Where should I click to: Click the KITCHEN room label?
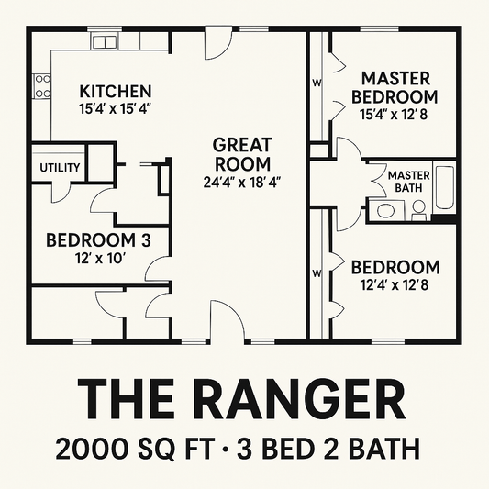point(115,92)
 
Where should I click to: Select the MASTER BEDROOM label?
point(398,86)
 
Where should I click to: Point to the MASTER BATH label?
point(409,182)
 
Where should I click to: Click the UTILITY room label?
point(60,168)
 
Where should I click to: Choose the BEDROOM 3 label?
point(98,240)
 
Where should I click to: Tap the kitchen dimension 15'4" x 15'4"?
point(115,108)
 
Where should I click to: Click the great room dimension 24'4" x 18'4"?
point(242,182)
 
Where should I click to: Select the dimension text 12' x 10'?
point(98,258)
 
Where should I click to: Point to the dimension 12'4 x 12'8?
point(395,284)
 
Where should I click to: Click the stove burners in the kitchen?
point(42,86)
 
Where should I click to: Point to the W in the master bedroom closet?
point(317,83)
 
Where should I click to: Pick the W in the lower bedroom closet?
point(317,273)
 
